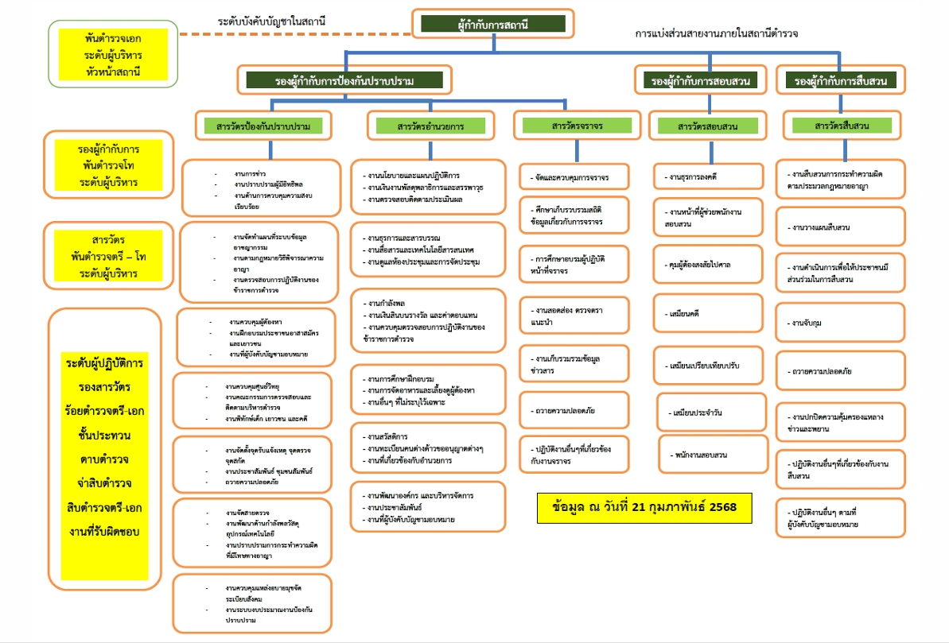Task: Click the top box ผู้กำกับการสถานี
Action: pos(493,24)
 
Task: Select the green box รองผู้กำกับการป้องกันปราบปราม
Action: pos(344,79)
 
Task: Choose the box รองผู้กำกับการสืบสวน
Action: pos(841,80)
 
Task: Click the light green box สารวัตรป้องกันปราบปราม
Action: pos(263,126)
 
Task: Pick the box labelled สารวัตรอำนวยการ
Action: pos(430,126)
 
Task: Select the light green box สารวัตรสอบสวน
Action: pos(707,126)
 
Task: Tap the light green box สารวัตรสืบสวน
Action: pos(842,126)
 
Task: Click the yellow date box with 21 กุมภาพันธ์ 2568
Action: pos(645,506)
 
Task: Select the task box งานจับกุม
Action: pos(841,323)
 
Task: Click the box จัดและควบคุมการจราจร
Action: pos(575,176)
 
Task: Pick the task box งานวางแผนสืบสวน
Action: pos(841,227)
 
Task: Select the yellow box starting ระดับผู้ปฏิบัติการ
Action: pos(105,445)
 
